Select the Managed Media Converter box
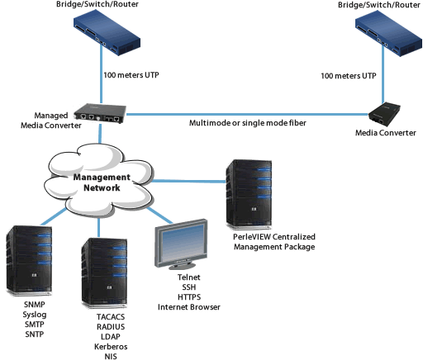(x=100, y=113)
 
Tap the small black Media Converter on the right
(x=384, y=115)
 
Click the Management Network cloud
(x=99, y=181)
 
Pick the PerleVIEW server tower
(x=249, y=194)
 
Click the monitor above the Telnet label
(x=181, y=244)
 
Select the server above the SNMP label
(x=29, y=261)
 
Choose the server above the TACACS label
(x=104, y=273)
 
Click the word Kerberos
(x=111, y=347)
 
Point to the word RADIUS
(x=111, y=327)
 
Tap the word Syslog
(x=35, y=315)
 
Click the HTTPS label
(x=189, y=297)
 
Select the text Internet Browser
(x=189, y=307)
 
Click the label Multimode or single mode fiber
(x=248, y=123)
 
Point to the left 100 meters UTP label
(x=131, y=75)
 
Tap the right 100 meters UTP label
(x=349, y=76)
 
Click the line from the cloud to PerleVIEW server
(x=188, y=181)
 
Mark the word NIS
(x=111, y=356)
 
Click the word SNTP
(x=35, y=334)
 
